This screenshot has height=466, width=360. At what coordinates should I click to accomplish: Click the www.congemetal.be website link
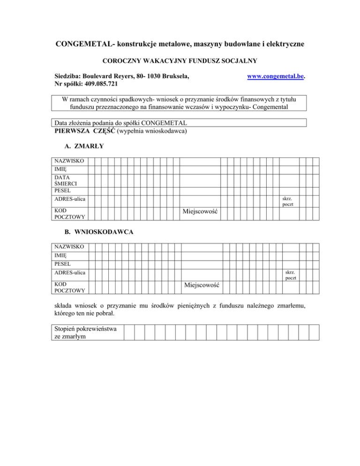(276, 75)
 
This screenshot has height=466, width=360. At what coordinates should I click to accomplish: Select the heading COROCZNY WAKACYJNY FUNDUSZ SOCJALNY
(180, 61)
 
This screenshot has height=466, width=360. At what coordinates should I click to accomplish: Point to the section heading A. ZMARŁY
(84, 146)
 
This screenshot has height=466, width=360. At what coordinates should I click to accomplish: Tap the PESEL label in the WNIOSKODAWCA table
(62, 263)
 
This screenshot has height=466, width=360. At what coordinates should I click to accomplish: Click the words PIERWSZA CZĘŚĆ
(84, 131)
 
